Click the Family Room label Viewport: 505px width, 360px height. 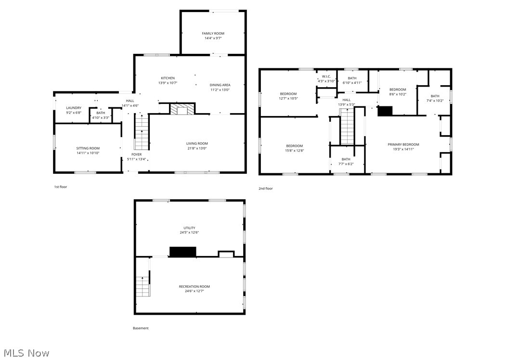pyautogui.click(x=213, y=33)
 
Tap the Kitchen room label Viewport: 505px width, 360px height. pyautogui.click(x=168, y=78)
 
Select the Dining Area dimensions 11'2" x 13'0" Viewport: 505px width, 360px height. pyautogui.click(x=220, y=90)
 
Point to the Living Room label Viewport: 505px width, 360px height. pyautogui.click(x=197, y=143)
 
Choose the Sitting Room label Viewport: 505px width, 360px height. pyautogui.click(x=88, y=148)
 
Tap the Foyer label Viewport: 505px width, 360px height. pyautogui.click(x=137, y=154)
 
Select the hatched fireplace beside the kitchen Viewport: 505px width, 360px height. pyautogui.click(x=182, y=109)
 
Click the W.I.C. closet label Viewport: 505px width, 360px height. pyautogui.click(x=326, y=76)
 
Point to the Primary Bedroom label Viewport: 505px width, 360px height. pyautogui.click(x=403, y=144)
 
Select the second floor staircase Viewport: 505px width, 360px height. pyautogui.click(x=348, y=126)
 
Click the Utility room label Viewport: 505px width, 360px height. pyautogui.click(x=189, y=228)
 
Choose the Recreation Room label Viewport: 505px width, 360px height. pyautogui.click(x=194, y=287)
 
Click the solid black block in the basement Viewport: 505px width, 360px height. pyautogui.click(x=182, y=252)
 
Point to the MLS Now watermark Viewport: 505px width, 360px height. pyautogui.click(x=26, y=353)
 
